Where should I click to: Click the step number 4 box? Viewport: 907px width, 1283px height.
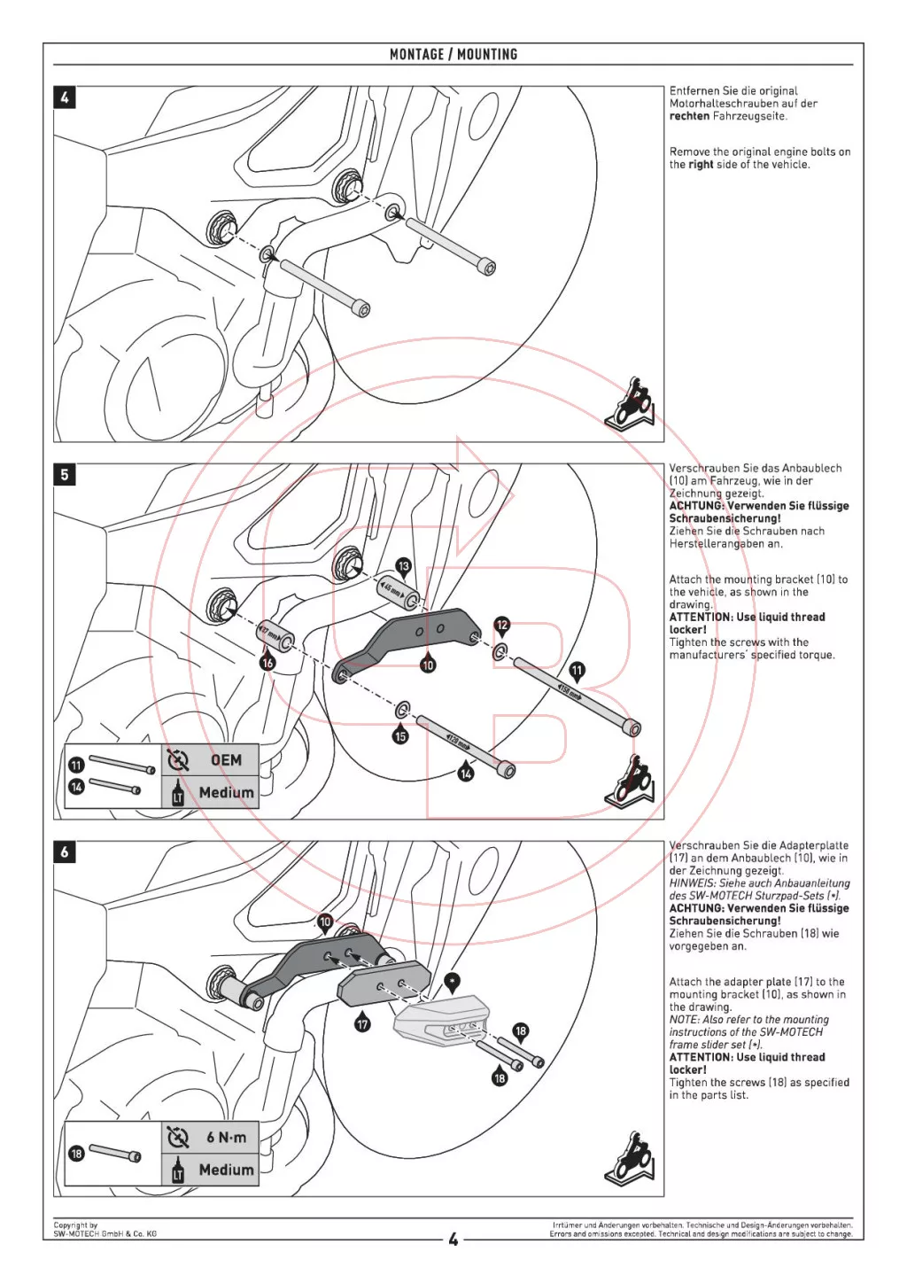coord(65,97)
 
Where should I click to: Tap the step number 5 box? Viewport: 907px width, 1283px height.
coord(65,475)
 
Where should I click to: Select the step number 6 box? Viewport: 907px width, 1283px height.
coord(65,852)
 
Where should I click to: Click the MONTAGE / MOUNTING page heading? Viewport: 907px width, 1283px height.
coord(453,54)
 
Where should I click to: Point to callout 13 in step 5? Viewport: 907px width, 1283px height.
coord(404,565)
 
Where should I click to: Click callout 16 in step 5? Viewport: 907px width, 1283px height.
coord(267,662)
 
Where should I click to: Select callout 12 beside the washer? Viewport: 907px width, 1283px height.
coord(502,625)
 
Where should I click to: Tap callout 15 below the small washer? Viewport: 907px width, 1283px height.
coord(400,735)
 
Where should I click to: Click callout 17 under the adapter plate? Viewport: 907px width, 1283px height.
coord(362,1024)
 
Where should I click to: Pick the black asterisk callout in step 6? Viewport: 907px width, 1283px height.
coord(452,980)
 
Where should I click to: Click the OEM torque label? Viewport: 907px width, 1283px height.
coord(226,760)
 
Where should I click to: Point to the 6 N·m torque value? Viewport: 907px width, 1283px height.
coord(226,1138)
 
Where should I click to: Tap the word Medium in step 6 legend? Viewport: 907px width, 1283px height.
coord(226,1170)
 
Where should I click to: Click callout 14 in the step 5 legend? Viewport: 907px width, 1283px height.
coord(76,787)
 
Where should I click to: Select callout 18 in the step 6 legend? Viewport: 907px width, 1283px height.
coord(76,1154)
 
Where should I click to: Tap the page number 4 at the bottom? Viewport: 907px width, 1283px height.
coord(453,1240)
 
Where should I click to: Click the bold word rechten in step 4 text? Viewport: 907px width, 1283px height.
coord(689,116)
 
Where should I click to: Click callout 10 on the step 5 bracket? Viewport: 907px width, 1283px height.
coord(428,665)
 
